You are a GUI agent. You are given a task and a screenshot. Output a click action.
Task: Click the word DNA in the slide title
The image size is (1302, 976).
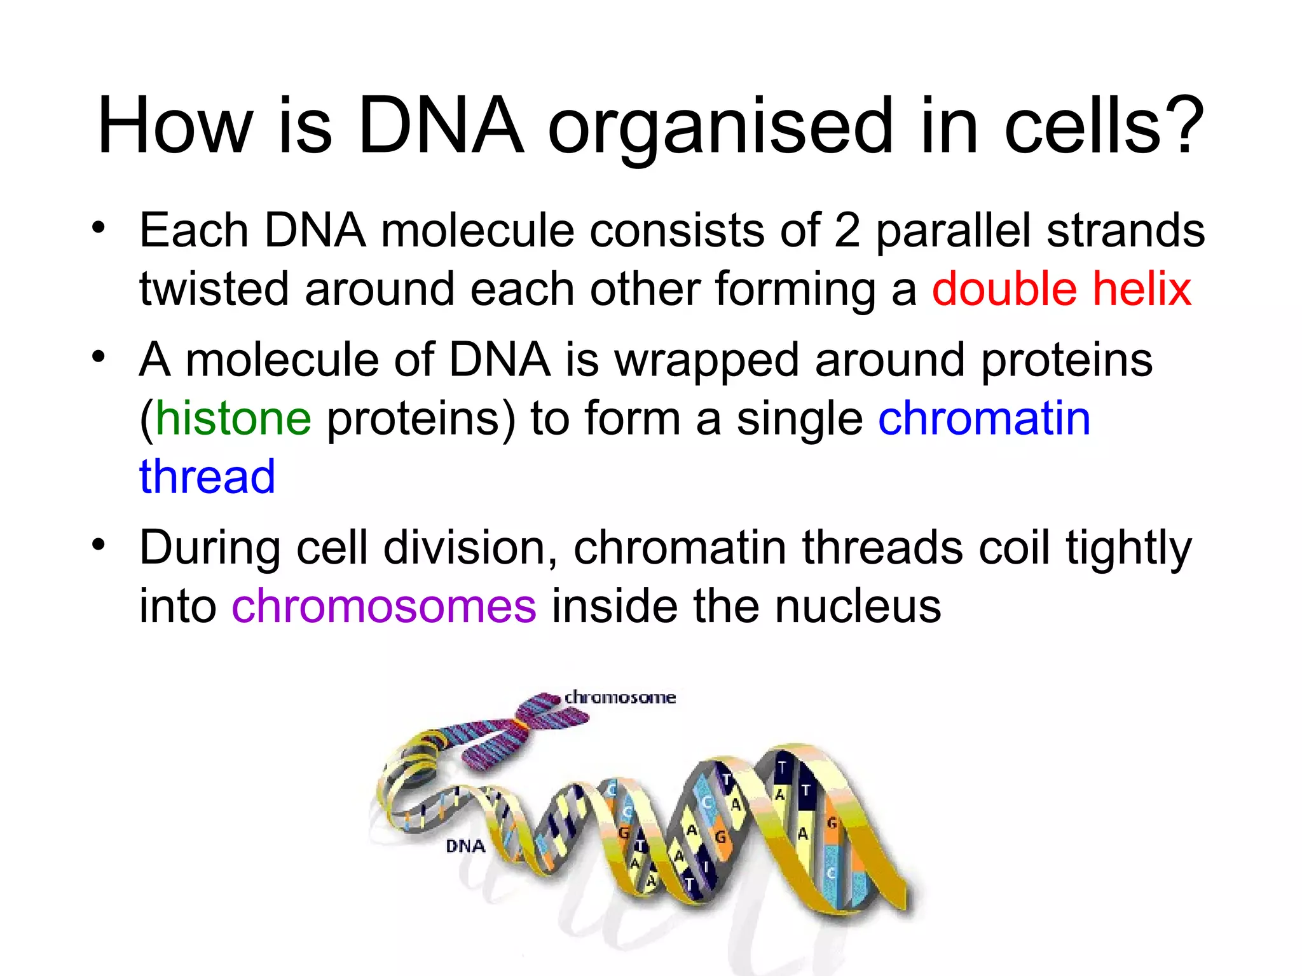[x=441, y=126]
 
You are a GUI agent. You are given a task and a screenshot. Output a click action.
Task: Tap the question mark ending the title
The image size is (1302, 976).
[x=1184, y=126]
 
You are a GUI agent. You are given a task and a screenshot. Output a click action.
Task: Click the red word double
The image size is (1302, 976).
[x=1004, y=289]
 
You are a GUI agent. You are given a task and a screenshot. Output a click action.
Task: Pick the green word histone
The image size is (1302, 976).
[x=233, y=419]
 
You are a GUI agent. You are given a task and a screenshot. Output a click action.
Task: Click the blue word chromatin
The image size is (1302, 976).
[x=984, y=419]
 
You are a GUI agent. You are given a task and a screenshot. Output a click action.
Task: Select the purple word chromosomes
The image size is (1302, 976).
[x=384, y=606]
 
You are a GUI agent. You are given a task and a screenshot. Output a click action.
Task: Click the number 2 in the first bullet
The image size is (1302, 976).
[x=847, y=231]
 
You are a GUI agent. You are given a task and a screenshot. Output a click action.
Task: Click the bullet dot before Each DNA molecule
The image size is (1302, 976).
[x=98, y=227]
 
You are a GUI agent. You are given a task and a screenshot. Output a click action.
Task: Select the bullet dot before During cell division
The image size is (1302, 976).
[x=98, y=544]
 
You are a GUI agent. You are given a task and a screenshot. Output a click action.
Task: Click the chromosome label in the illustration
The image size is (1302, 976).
[x=620, y=697]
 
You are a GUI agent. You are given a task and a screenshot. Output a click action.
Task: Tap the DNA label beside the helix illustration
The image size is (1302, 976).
[x=465, y=846]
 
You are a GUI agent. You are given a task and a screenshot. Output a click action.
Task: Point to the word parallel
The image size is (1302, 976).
[x=954, y=231]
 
